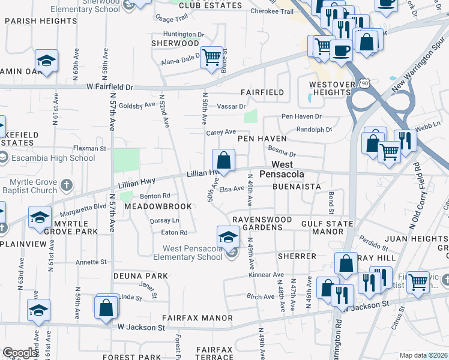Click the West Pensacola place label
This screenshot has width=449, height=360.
click(x=282, y=169)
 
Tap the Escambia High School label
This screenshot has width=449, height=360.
click(x=53, y=158)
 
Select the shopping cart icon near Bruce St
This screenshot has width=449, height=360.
click(x=211, y=58)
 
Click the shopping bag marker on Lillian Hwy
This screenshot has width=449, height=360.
click(x=223, y=161)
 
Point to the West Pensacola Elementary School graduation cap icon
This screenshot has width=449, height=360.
click(x=228, y=236)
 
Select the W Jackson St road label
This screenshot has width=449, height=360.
click(x=141, y=328)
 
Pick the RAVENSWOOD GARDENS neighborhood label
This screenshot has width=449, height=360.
click(x=258, y=223)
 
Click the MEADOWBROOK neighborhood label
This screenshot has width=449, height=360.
click(x=158, y=206)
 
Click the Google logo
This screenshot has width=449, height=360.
click(x=20, y=353)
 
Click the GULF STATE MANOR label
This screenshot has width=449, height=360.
click(x=322, y=227)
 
